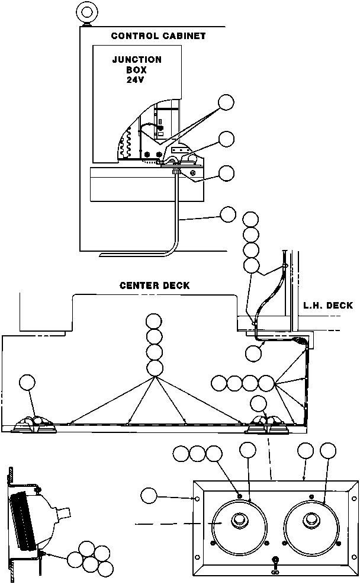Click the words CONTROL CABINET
click(x=158, y=36)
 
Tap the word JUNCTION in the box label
click(x=137, y=60)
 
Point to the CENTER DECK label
click(x=155, y=285)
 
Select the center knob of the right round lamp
click(x=310, y=519)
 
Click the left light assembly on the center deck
click(x=34, y=423)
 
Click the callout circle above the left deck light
click(x=27, y=383)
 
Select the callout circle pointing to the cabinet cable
click(x=228, y=214)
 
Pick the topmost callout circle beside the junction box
click(x=226, y=102)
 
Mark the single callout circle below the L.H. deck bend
click(x=253, y=354)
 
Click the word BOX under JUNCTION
click(x=136, y=70)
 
